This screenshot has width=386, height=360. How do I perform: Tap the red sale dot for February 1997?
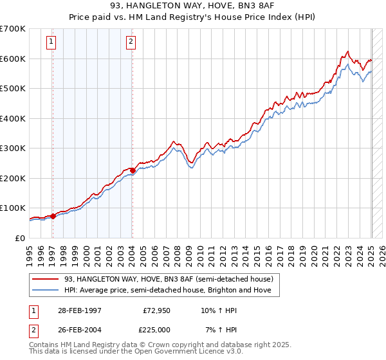point(53,216)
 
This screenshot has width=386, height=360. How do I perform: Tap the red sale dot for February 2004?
point(132,170)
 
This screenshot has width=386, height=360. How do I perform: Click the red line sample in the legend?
point(46,279)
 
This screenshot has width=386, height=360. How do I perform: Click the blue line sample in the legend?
point(46,290)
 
